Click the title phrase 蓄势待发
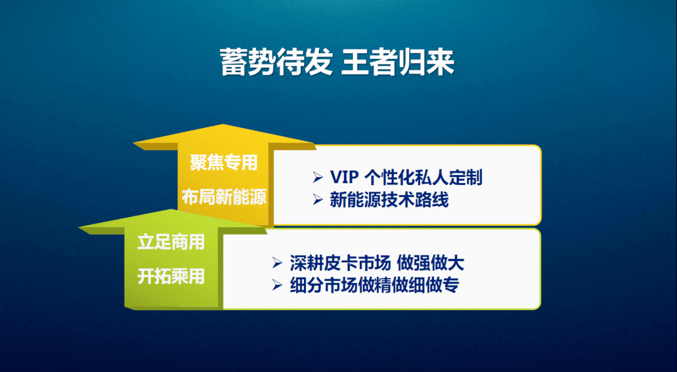[x=276, y=62]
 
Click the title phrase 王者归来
[x=397, y=62]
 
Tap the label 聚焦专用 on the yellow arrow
[x=224, y=162]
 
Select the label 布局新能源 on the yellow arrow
[x=224, y=197]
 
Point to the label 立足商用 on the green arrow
[x=171, y=242]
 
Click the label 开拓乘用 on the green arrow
[x=171, y=277]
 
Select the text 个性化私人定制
[x=424, y=178]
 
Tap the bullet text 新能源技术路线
[x=389, y=199]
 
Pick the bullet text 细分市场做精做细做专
[x=374, y=285]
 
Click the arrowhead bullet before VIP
[x=318, y=177]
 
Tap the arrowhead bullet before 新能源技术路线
[x=318, y=199]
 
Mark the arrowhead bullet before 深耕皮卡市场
[x=277, y=263]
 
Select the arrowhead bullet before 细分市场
[x=277, y=285]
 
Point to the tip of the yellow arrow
[x=223, y=124]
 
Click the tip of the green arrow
[x=171, y=210]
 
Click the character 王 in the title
[x=355, y=62]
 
